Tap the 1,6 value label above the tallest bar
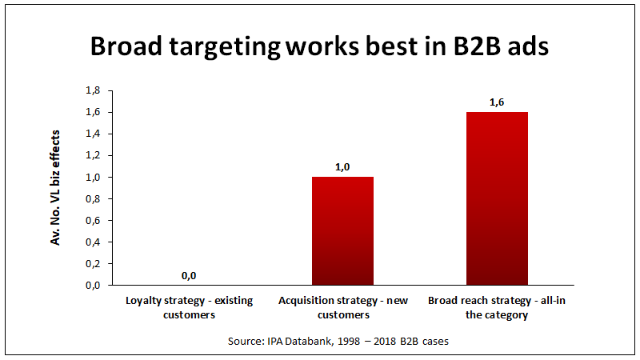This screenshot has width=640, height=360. (497, 102)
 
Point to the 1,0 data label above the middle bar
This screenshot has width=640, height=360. (342, 166)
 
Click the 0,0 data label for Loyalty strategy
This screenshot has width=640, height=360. (189, 275)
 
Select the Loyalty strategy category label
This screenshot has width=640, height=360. (189, 307)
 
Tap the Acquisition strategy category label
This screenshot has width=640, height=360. (342, 307)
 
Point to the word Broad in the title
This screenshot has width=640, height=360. (124, 46)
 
